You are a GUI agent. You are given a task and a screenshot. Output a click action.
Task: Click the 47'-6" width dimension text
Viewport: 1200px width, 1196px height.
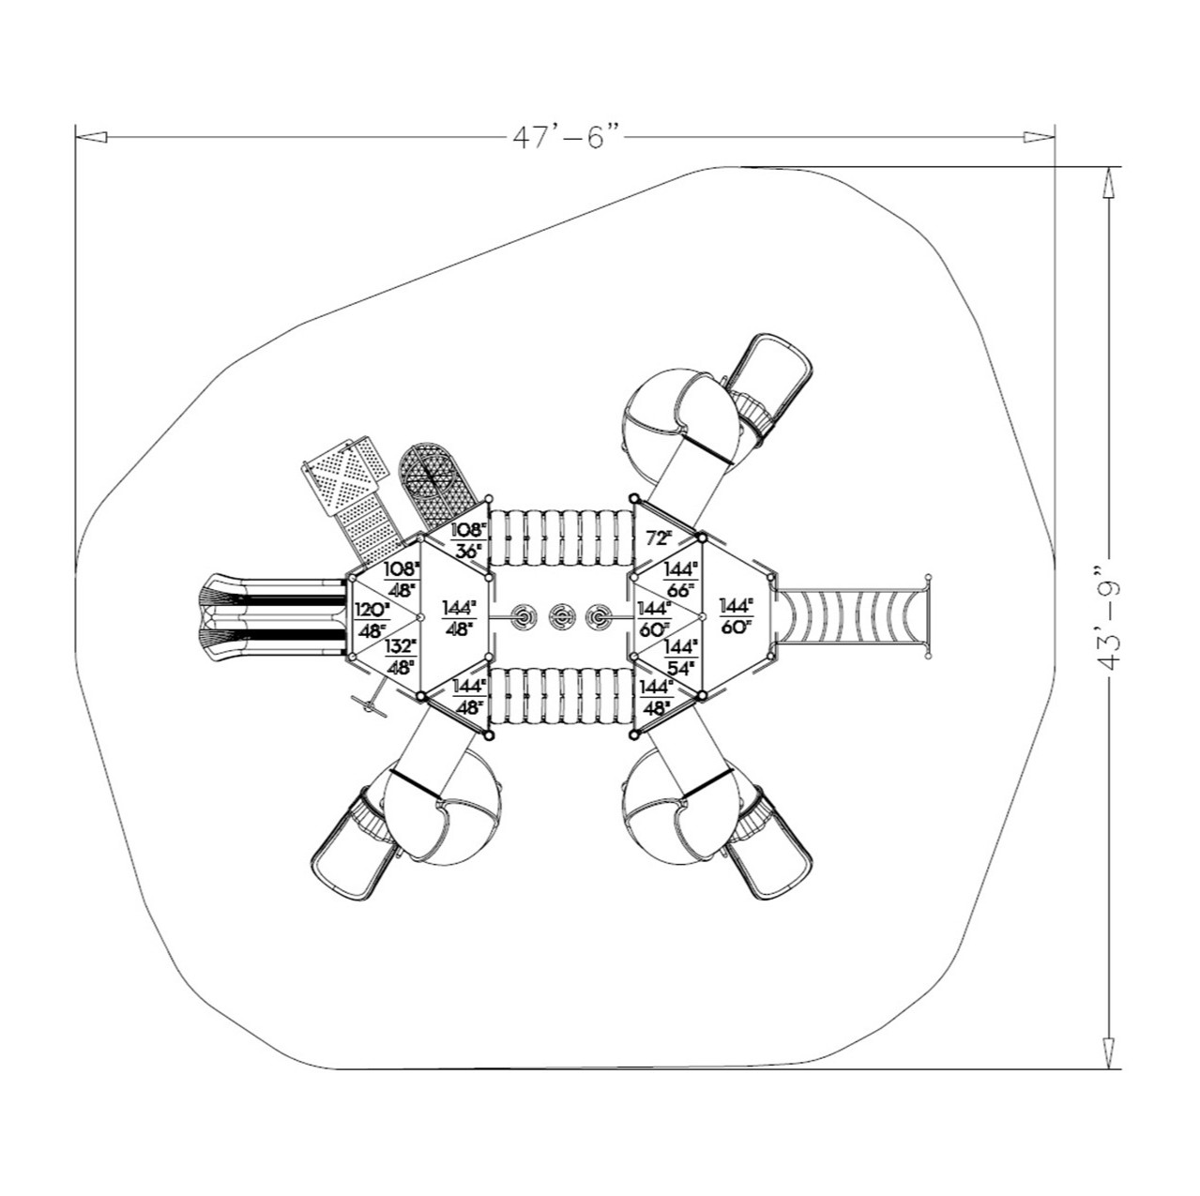coord(567,137)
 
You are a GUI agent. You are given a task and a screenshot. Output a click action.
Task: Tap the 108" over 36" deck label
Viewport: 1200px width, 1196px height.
coord(469,541)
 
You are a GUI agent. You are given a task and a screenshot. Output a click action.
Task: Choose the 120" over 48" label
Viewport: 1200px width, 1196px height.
coord(372,620)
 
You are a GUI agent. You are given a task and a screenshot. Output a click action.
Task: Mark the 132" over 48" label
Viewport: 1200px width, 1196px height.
coord(401,657)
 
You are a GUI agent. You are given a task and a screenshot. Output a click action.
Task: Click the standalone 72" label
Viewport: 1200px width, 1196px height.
coord(660,538)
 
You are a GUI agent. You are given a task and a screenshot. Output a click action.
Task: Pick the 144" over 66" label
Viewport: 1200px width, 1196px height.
coord(681,580)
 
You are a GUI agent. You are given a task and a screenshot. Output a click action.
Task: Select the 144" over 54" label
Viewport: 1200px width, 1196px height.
coord(681,657)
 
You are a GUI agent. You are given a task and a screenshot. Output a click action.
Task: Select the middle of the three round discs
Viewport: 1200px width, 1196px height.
coord(561,616)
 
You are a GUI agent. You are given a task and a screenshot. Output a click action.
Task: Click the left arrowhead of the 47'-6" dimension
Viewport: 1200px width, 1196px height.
coord(91,137)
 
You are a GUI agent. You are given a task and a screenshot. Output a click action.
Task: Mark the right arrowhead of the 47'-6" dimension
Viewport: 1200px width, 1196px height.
coord(1040,137)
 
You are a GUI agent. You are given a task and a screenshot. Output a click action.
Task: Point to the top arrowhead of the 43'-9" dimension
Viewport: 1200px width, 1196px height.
coord(1110,182)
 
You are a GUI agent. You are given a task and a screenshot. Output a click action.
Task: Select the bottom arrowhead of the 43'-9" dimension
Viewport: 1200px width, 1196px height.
coord(1110,1053)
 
